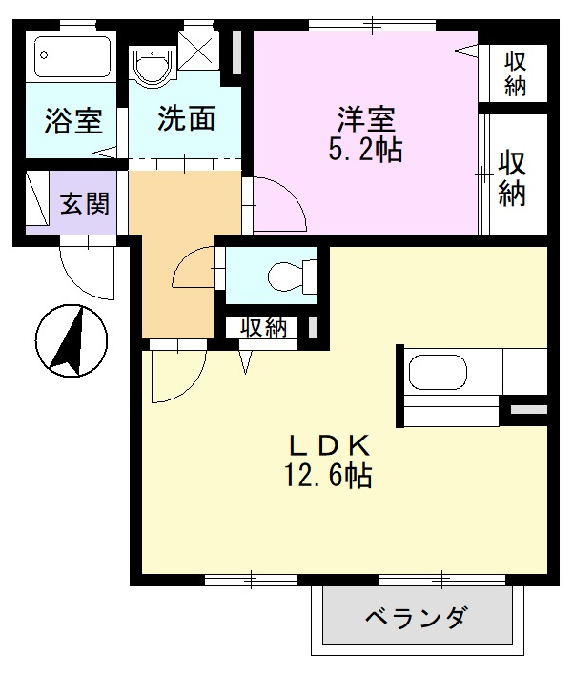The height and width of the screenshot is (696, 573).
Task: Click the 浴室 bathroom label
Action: pyautogui.click(x=73, y=121)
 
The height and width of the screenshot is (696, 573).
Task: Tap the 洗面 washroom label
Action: pyautogui.click(x=187, y=118)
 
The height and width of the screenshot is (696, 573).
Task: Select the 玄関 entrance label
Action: pyautogui.click(x=85, y=204)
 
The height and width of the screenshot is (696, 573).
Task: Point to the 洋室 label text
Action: pyautogui.click(x=366, y=119)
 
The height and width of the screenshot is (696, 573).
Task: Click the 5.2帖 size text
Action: pyautogui.click(x=365, y=150)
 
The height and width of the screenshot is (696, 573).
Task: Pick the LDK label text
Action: pyautogui.click(x=330, y=445)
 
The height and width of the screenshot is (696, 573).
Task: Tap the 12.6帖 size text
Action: pyautogui.click(x=328, y=476)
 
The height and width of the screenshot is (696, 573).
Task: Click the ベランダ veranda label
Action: pyautogui.click(x=417, y=617)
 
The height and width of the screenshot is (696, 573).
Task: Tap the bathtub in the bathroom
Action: pyautogui.click(x=73, y=56)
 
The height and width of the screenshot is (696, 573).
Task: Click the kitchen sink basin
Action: pyautogui.click(x=438, y=372)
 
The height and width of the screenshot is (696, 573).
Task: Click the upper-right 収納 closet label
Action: pyautogui.click(x=515, y=73)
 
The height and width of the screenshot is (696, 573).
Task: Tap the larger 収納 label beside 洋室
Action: pyautogui.click(x=512, y=178)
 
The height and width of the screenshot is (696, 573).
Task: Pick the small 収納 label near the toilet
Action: pyautogui.click(x=264, y=328)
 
